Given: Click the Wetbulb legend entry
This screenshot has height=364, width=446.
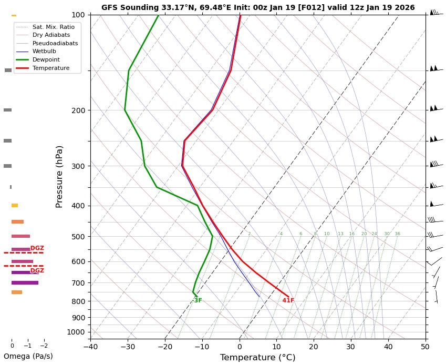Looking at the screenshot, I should (x=44, y=52).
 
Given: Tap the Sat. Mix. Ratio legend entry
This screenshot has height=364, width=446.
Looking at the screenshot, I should (x=53, y=26).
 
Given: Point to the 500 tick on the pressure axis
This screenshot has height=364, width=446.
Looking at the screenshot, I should (x=78, y=237).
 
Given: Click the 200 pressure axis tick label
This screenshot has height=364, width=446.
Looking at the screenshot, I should (x=78, y=110).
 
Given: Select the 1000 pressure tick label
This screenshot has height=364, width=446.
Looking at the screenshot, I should (x=76, y=332).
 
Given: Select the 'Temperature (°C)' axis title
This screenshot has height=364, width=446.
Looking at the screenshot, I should (x=257, y=358).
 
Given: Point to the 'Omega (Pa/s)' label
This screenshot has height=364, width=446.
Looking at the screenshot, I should (x=28, y=356).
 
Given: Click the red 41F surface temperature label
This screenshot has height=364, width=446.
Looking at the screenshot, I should (x=288, y=300).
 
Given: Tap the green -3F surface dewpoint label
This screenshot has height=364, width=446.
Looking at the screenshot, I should (x=198, y=300).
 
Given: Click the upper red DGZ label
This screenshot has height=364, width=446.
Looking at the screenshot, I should (x=37, y=248).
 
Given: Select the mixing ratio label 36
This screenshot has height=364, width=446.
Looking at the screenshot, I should (x=397, y=234).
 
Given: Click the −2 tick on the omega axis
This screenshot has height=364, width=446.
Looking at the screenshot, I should (x=44, y=346).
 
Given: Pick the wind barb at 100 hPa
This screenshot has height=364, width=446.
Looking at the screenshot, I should (x=435, y=12).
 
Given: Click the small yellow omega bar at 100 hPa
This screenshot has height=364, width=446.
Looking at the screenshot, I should (x=14, y=15).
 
